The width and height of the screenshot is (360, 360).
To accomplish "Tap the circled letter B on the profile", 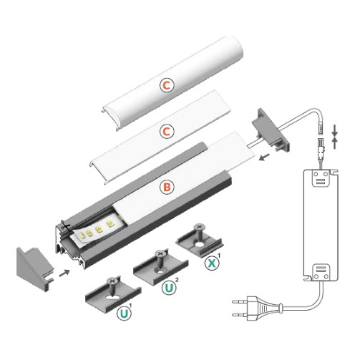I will [167, 188].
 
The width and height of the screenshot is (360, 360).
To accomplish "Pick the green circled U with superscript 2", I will [170, 289].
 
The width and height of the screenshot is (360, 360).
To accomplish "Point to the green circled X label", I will [212, 263].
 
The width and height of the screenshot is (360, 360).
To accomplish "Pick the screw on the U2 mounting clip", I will [160, 256].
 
